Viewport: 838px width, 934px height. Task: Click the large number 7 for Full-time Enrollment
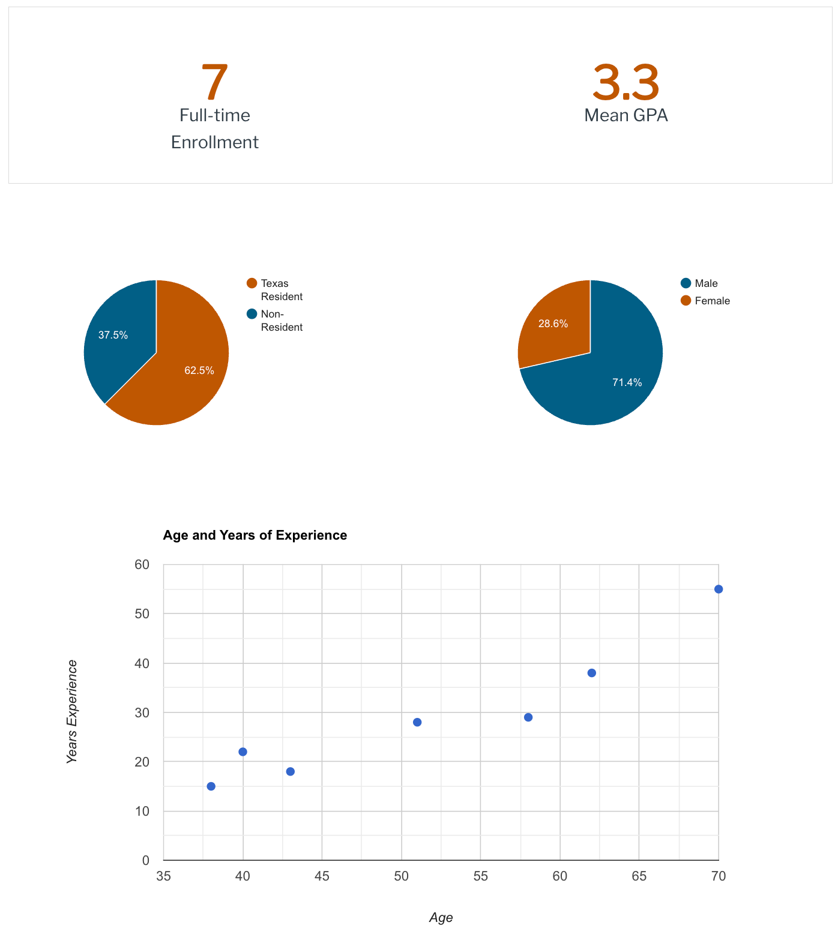click(214, 83)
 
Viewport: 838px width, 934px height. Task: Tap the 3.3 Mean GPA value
click(625, 83)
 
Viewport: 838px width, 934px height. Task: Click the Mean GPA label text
click(625, 115)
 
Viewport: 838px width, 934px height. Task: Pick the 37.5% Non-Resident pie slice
click(117, 336)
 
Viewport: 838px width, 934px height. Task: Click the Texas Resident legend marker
click(252, 283)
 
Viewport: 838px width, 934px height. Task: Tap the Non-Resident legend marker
click(252, 314)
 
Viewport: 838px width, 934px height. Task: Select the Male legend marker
click(686, 283)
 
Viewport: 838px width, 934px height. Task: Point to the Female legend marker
click(686, 301)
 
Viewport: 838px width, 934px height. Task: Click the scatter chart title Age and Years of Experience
click(255, 535)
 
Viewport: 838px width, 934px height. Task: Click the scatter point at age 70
click(719, 589)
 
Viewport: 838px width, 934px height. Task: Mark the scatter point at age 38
click(211, 786)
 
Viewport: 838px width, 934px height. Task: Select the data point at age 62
click(591, 673)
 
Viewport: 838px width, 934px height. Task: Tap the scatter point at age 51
click(417, 722)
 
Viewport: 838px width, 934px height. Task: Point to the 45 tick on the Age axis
click(322, 876)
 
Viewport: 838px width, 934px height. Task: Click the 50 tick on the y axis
click(142, 614)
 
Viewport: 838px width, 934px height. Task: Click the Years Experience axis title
click(72, 712)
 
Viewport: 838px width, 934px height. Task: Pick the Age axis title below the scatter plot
click(441, 918)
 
